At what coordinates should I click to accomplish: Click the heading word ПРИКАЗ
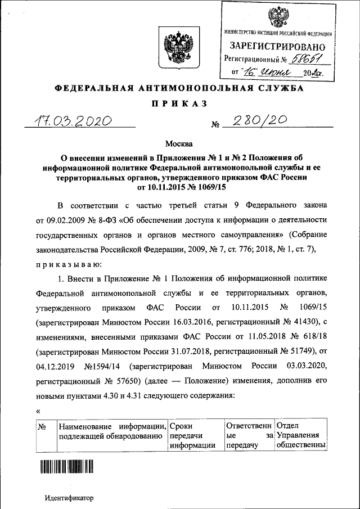[180, 103]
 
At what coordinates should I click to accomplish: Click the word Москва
[179, 145]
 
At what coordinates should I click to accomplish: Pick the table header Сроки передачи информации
[193, 436]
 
